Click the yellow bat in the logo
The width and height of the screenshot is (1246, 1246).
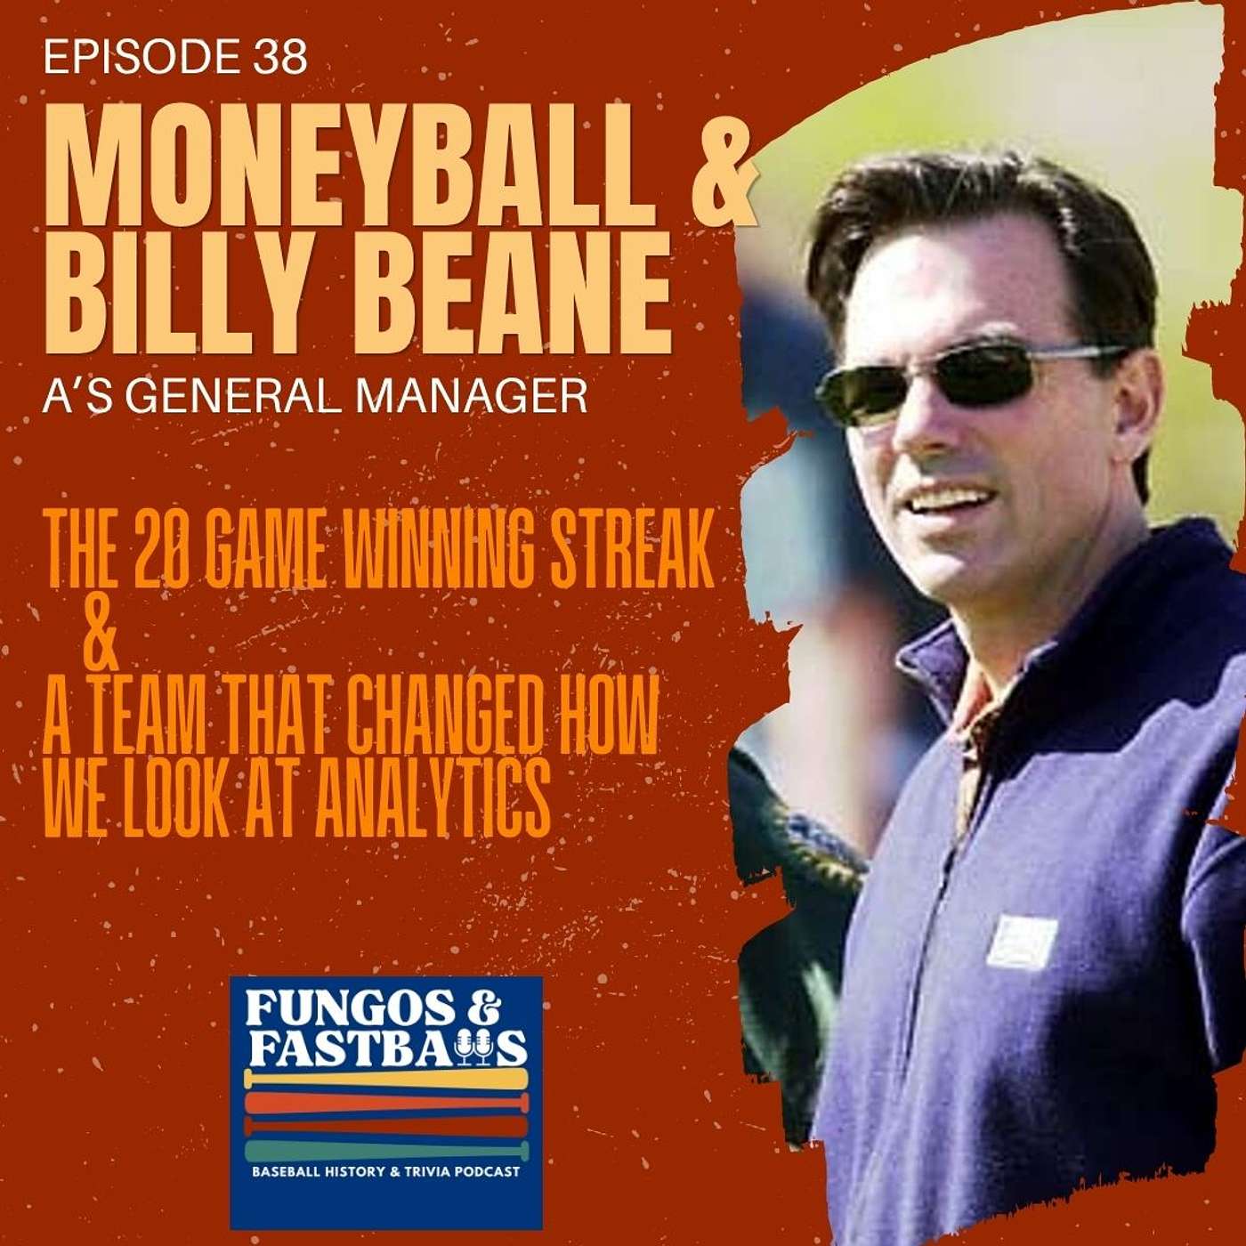(x=386, y=1079)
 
